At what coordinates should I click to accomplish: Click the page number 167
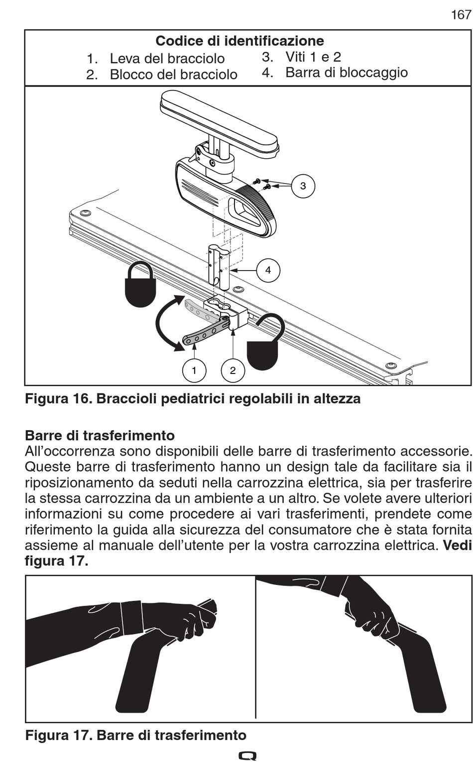pyautogui.click(x=461, y=15)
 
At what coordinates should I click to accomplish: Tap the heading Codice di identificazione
pyautogui.click(x=239, y=41)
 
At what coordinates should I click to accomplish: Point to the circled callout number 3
pyautogui.click(x=303, y=186)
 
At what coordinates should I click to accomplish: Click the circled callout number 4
pyautogui.click(x=268, y=270)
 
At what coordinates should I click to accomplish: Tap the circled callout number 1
pyautogui.click(x=194, y=370)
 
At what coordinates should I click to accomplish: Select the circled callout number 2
pyautogui.click(x=233, y=370)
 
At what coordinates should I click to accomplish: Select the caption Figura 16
pyautogui.click(x=193, y=399)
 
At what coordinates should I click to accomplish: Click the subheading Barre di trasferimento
pyautogui.click(x=100, y=436)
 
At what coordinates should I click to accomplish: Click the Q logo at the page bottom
pyautogui.click(x=247, y=756)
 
